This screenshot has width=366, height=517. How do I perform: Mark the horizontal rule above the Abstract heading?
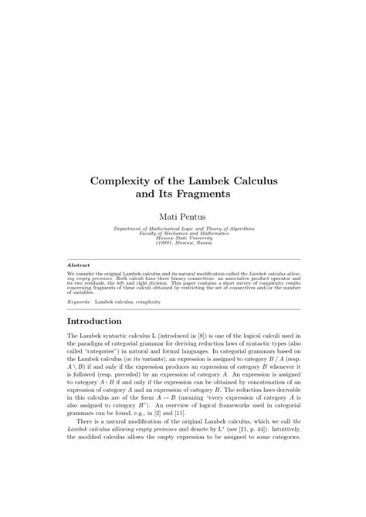click(183, 259)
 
